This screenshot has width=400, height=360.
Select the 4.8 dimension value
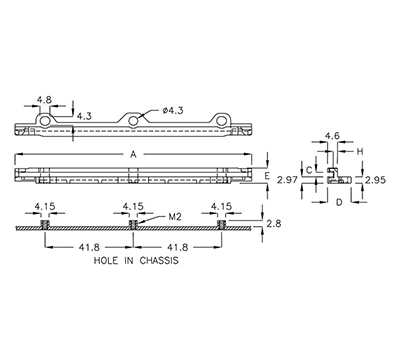[x=44, y=101]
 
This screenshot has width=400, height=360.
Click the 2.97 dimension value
[x=287, y=180]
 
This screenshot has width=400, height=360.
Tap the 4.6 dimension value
[x=333, y=134]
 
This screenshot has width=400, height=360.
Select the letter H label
[x=360, y=152]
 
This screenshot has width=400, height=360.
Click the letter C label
[x=310, y=171]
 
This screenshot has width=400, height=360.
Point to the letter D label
[x=339, y=203]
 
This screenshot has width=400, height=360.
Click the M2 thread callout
[x=174, y=215]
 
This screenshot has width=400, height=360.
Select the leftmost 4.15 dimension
[x=45, y=207]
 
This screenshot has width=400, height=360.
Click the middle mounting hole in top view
[x=133, y=121]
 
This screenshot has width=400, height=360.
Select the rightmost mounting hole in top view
[x=221, y=121]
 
